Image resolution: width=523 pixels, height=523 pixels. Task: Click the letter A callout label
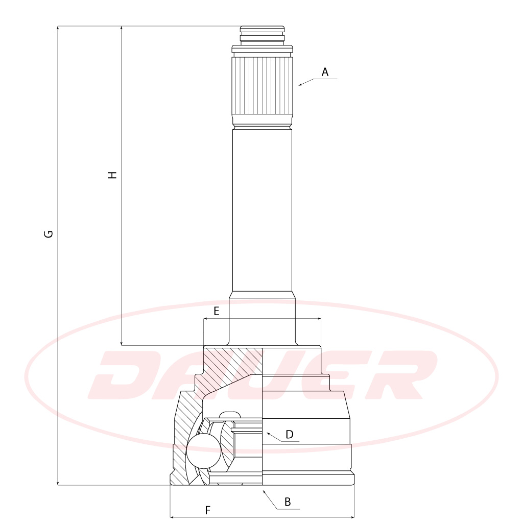click(325, 72)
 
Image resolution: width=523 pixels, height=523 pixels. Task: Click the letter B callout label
click(288, 502)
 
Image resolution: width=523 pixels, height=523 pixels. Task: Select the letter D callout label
click(290, 434)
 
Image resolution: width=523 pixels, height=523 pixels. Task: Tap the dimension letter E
click(217, 311)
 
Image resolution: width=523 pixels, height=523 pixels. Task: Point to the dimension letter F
click(208, 510)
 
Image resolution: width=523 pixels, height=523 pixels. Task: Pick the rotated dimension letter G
click(49, 234)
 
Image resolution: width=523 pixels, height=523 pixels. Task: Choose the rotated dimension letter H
click(113, 175)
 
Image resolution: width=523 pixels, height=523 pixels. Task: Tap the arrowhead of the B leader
click(264, 492)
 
